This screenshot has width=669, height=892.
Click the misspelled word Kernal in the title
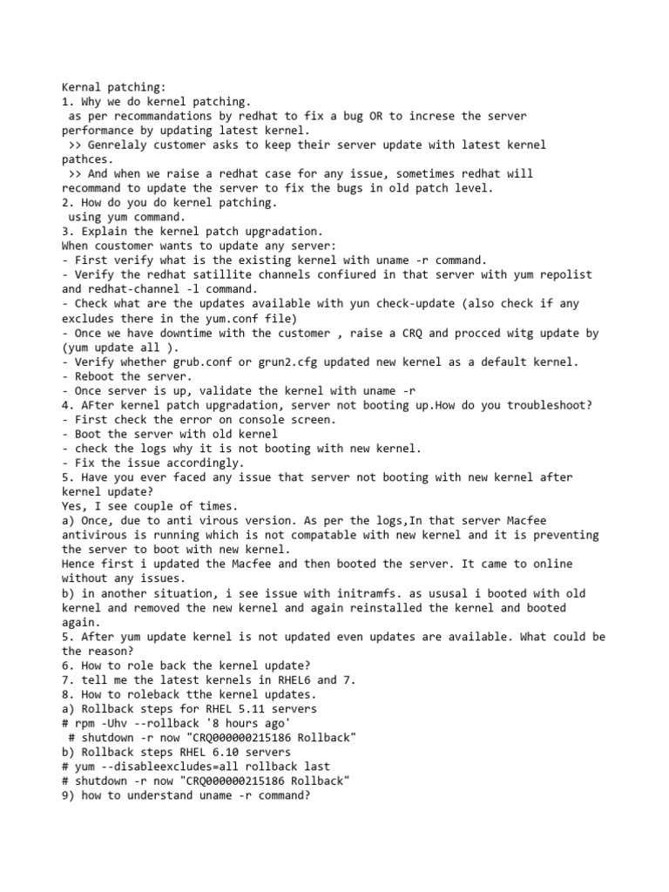[81, 87]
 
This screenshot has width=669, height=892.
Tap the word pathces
[87, 159]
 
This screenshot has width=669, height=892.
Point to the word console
[247, 420]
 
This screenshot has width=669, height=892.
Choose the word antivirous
[96, 535]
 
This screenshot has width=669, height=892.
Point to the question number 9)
[68, 795]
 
